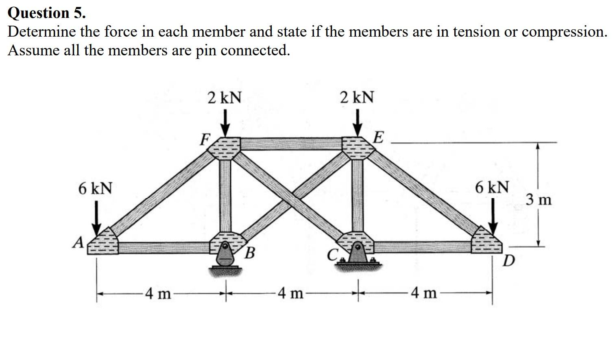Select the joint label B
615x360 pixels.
point(250,253)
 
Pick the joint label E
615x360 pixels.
point(378,137)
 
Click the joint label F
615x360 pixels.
point(205,140)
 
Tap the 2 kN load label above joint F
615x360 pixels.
point(224,98)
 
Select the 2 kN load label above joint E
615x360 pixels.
point(357,98)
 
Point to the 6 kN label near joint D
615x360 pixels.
point(492,188)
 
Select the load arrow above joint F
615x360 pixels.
point(224,124)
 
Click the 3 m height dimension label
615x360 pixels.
point(539,200)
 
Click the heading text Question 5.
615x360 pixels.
point(47,13)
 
